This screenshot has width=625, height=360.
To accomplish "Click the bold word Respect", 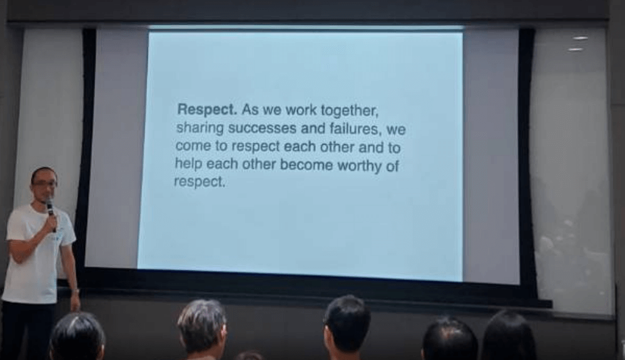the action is pos(207,110).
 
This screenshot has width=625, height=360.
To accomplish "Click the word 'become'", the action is pos(306,165).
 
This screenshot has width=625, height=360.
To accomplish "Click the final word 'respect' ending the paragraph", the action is pos(200,182).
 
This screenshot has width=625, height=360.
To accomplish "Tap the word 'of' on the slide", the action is pos(392,167).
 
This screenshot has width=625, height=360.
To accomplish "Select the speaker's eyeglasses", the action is pos(45,184).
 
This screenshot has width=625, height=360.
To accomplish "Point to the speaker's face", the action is pos(45,186).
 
